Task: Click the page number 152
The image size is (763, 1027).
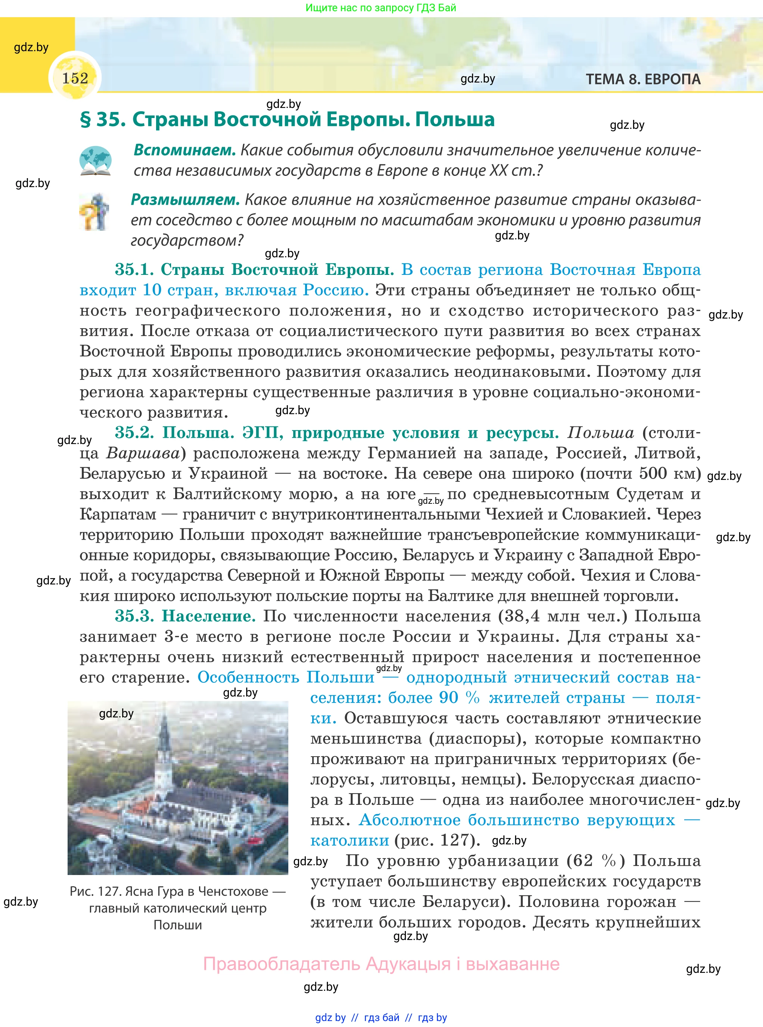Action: [x=75, y=78]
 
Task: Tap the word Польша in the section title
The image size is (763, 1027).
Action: [x=455, y=119]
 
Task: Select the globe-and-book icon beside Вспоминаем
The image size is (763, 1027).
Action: [x=95, y=161]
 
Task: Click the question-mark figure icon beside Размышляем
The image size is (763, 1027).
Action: [x=94, y=212]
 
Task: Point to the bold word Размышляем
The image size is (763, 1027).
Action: [x=185, y=199]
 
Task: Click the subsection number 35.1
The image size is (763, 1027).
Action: [x=134, y=269]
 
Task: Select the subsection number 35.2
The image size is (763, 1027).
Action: [x=134, y=433]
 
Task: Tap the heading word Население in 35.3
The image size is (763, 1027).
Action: [x=208, y=616]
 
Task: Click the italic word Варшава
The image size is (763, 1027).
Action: [x=143, y=453]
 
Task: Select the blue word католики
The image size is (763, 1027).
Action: [x=350, y=840]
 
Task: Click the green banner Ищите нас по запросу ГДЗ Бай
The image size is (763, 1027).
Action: [x=381, y=7]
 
